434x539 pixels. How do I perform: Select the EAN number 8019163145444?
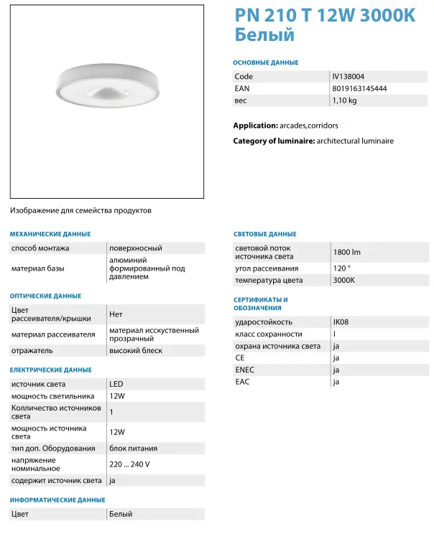[x=359, y=88]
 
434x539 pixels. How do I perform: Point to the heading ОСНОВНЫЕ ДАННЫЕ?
[x=266, y=62]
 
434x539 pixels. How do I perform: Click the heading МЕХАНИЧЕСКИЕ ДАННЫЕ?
[x=50, y=234]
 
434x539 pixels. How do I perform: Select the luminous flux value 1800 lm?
[x=346, y=252]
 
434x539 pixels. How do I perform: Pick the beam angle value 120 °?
[x=341, y=268]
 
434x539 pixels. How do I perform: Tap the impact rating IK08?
[x=341, y=322]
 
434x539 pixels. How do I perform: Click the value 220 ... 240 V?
[x=129, y=464]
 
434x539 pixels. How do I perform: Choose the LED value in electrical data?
[x=116, y=384]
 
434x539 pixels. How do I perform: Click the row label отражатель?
[x=32, y=351]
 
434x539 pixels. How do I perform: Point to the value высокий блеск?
[x=135, y=351]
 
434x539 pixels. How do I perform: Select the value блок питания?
[x=133, y=449]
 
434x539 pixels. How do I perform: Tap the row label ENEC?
[x=245, y=370]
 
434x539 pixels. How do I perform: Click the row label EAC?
[x=242, y=382]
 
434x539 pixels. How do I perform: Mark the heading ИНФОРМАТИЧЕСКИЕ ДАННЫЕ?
[x=57, y=500]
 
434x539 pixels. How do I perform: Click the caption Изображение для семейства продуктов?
[x=80, y=211]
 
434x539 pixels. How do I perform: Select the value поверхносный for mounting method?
[x=135, y=248]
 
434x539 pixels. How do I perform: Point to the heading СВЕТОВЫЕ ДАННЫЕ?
[x=265, y=234]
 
